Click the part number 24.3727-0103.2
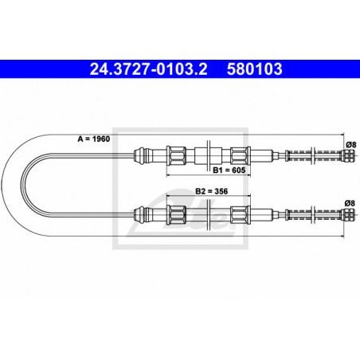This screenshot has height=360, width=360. (148, 69)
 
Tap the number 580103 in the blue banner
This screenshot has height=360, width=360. (254, 69)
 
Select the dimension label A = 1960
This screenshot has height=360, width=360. (94, 139)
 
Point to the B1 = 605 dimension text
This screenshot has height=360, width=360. (229, 170)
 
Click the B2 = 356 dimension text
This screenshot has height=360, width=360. (212, 191)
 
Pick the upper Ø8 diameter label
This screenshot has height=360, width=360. (350, 145)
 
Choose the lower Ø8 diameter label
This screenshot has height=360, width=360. (350, 203)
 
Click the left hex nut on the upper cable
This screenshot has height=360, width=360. (176, 155)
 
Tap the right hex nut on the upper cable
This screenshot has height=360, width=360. (241, 155)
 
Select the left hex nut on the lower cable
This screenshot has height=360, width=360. (176, 215)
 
